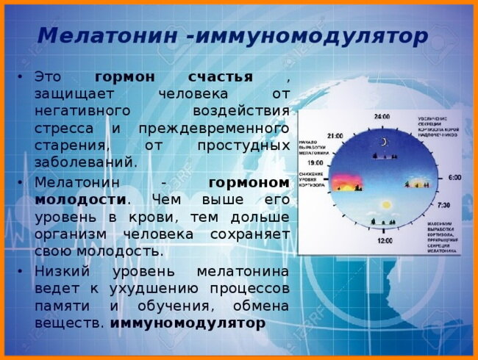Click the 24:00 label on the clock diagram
(382, 117)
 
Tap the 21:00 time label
(335, 136)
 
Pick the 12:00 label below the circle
(384, 241)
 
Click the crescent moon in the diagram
(383, 142)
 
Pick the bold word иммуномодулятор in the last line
(188, 323)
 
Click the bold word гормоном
(249, 182)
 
